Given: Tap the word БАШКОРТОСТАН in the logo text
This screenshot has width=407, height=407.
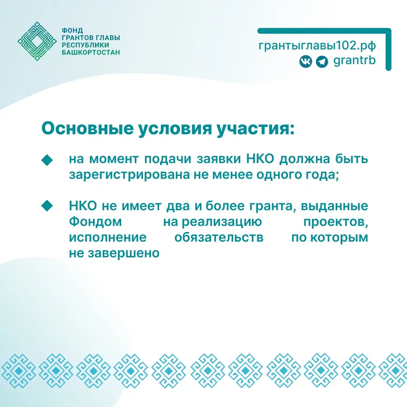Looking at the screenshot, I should coord(91,52).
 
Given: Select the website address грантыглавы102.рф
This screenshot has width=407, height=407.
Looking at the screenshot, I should coord(317,45).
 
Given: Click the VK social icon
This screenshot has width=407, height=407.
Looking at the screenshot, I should coord(305,62).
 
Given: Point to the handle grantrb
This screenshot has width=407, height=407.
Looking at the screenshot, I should coord(354,61).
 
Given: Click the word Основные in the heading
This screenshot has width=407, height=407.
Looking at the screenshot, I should coord(87,129).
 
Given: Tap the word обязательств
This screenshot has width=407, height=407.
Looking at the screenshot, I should coord(219,237).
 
